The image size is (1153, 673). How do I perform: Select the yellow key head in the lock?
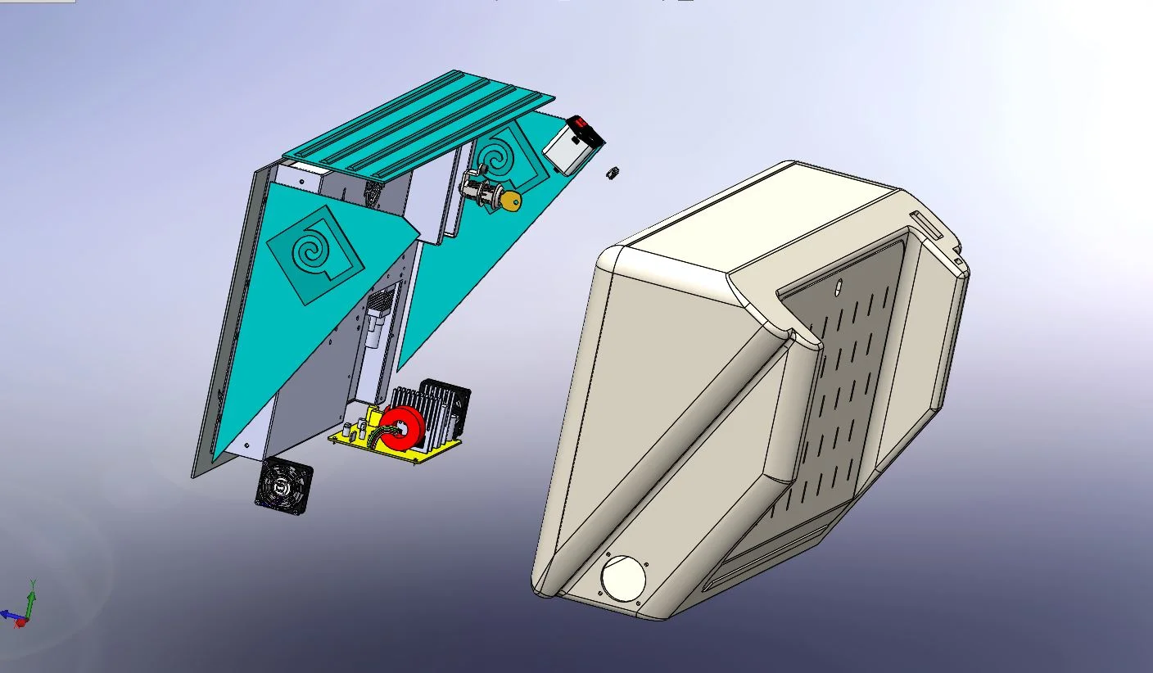pyautogui.click(x=512, y=201)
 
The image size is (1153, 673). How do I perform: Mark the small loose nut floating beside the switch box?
pyautogui.click(x=610, y=173)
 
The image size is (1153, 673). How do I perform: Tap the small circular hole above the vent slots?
pyautogui.click(x=839, y=288)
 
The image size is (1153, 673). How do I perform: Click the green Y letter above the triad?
pyautogui.click(x=32, y=584)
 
